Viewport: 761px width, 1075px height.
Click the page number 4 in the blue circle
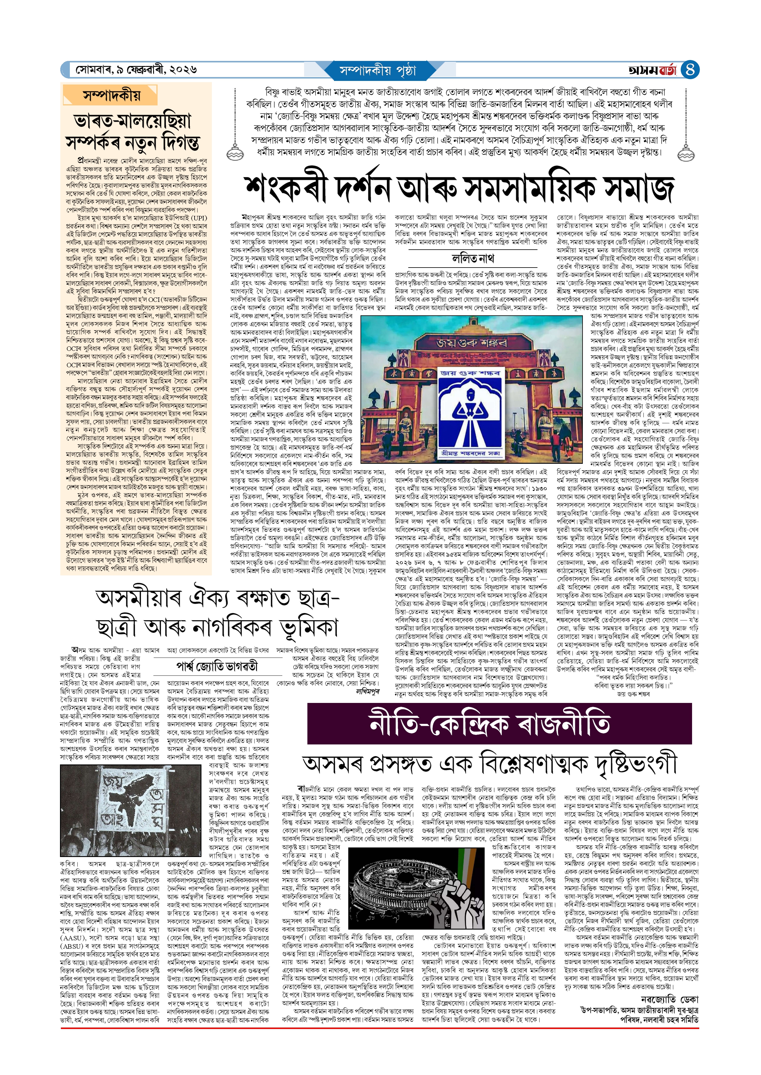coord(689,70)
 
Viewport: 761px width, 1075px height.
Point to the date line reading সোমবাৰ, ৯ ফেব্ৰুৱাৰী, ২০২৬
coord(136,70)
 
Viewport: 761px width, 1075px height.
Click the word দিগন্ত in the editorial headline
coord(174,142)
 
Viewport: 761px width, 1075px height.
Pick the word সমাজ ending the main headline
coord(639,188)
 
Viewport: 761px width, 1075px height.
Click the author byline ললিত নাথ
coord(472,258)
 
